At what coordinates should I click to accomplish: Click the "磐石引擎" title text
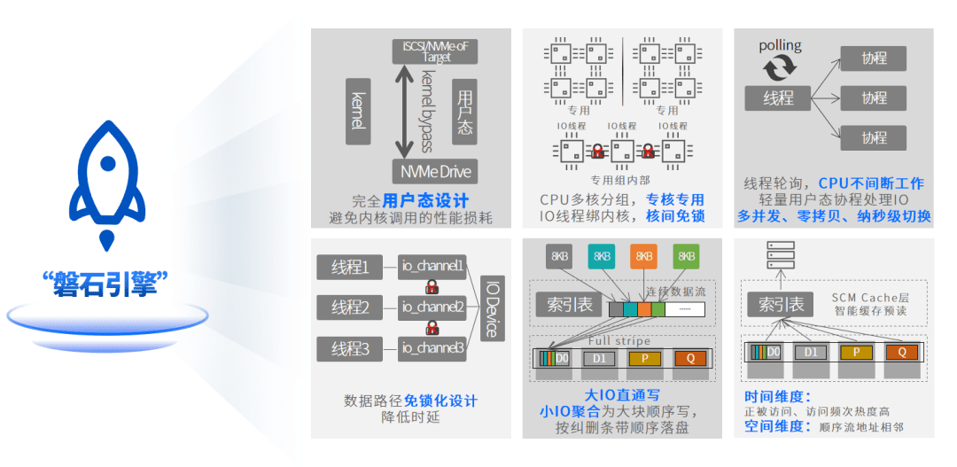click(x=106, y=284)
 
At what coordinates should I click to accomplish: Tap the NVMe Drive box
click(x=433, y=171)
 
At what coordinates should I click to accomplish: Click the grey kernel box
click(x=358, y=111)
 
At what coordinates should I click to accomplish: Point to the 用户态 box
click(x=464, y=111)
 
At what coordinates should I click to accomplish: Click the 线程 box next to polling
click(x=779, y=98)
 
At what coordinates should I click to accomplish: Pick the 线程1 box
click(x=350, y=267)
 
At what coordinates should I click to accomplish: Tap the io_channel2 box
click(x=432, y=307)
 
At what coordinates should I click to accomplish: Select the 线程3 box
click(x=350, y=348)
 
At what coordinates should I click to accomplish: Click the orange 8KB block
click(x=644, y=256)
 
